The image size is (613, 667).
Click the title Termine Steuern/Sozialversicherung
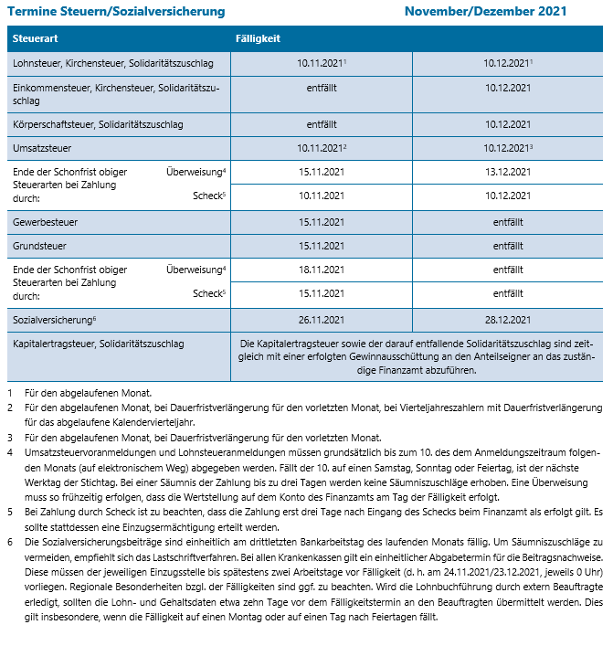click(115, 12)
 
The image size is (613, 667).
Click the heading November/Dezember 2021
click(485, 12)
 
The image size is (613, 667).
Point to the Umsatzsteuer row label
click(43, 147)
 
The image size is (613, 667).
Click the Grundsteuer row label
click(41, 246)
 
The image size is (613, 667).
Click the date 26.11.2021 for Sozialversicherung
click(321, 320)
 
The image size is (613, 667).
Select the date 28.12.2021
click(507, 320)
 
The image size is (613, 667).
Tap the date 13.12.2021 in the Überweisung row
click(507, 172)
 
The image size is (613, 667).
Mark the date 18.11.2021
click(321, 270)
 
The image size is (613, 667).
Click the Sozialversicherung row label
click(53, 320)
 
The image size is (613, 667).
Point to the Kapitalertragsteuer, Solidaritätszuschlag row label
click(99, 344)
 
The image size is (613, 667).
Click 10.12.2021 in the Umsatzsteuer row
click(505, 147)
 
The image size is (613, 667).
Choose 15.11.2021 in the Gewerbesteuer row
click(321, 222)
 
